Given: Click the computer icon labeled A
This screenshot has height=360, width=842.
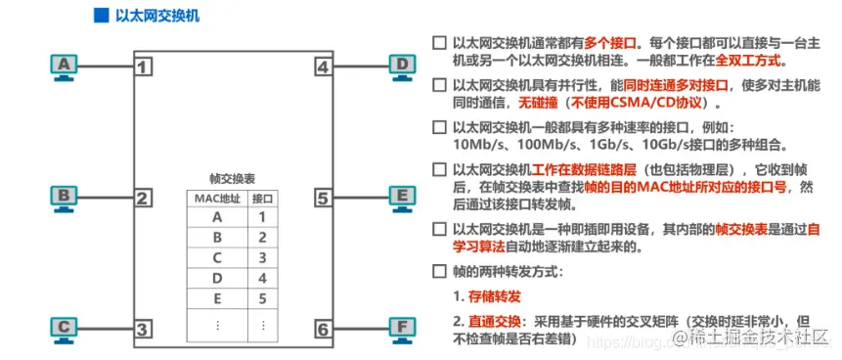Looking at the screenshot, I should (x=65, y=66).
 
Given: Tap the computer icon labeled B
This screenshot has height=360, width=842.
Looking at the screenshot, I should (x=65, y=197).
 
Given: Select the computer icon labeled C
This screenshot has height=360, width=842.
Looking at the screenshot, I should (x=65, y=328).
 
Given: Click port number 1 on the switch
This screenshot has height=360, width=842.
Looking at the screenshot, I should (x=143, y=67).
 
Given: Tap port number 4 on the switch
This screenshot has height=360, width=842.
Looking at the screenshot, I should (x=323, y=67).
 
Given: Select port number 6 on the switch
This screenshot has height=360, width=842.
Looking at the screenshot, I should (x=323, y=330).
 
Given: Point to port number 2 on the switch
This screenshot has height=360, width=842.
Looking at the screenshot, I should (x=143, y=199).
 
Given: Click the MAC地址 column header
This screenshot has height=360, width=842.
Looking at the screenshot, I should (x=216, y=199).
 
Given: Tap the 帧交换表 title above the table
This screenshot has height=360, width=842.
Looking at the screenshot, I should (x=233, y=179).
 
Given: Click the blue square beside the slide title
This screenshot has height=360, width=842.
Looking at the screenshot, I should (x=99, y=17).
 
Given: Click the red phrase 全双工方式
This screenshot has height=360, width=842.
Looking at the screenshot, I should (x=737, y=61).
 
